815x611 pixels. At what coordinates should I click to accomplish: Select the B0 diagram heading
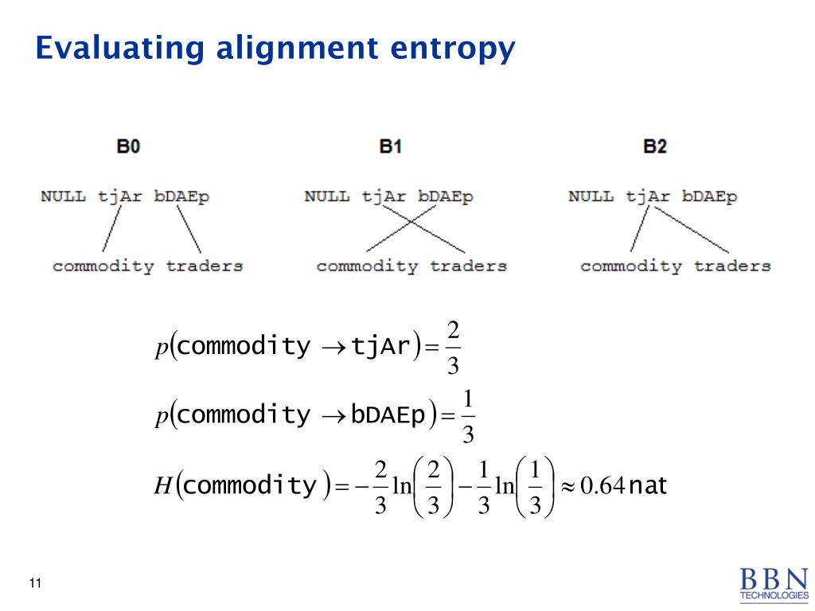pyautogui.click(x=128, y=147)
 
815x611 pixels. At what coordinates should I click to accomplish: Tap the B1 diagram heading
pyautogui.click(x=390, y=147)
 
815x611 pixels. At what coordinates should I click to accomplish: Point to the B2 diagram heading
pyautogui.click(x=654, y=147)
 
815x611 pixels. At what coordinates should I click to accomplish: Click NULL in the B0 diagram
pyautogui.click(x=63, y=197)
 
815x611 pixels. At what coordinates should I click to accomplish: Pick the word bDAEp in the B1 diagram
pyautogui.click(x=445, y=197)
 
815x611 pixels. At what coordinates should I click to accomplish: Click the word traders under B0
pyautogui.click(x=205, y=266)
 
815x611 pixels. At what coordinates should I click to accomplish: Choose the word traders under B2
pyautogui.click(x=732, y=266)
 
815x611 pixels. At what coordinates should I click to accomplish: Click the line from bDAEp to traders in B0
pyautogui.click(x=188, y=229)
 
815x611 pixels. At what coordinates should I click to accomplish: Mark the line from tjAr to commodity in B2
pyautogui.click(x=638, y=229)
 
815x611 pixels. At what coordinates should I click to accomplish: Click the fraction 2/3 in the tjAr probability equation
pyautogui.click(x=453, y=347)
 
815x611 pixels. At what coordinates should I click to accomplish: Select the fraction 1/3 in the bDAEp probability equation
pyautogui.click(x=468, y=415)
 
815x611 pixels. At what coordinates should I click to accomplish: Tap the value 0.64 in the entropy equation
pyautogui.click(x=602, y=485)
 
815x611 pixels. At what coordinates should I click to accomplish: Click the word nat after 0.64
pyautogui.click(x=647, y=485)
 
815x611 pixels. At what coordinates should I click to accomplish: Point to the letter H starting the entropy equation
pyautogui.click(x=162, y=485)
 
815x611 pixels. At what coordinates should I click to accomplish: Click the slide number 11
pyautogui.click(x=34, y=585)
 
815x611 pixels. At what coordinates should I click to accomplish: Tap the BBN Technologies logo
pyautogui.click(x=773, y=584)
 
